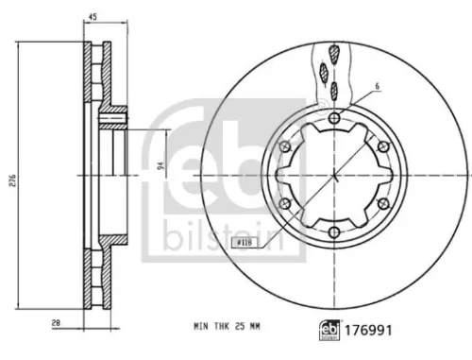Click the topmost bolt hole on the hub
point(335,118)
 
